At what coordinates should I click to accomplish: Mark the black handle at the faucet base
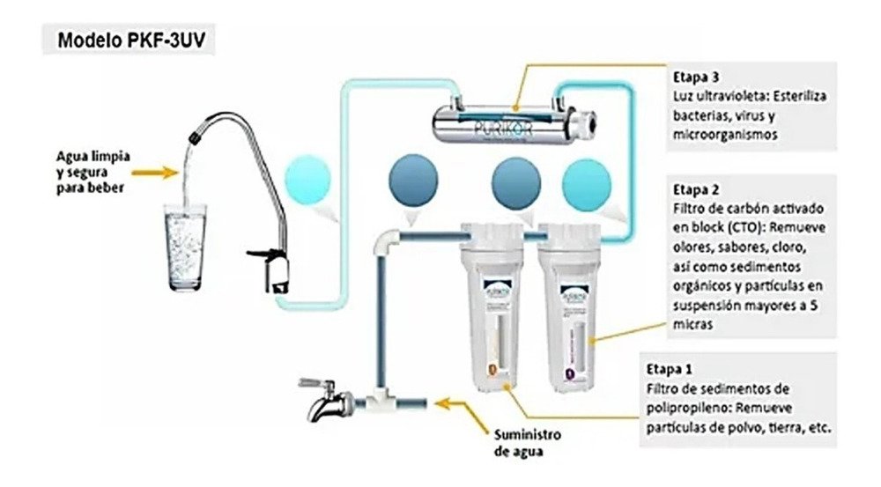[263, 256]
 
